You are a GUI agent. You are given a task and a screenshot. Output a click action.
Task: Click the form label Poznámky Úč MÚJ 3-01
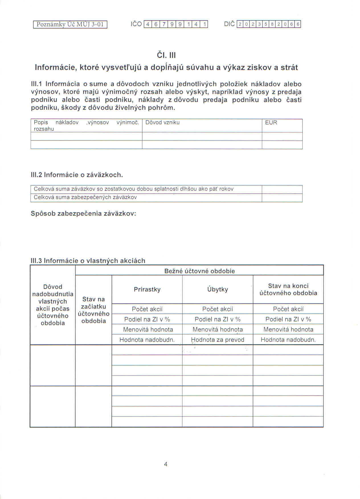click(x=70, y=24)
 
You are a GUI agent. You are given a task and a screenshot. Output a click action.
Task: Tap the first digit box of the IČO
click(x=148, y=24)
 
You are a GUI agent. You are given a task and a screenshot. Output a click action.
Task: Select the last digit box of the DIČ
click(x=298, y=24)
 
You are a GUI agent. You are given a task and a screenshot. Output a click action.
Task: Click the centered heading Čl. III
click(x=166, y=55)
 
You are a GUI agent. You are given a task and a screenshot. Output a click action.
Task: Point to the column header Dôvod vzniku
click(x=162, y=122)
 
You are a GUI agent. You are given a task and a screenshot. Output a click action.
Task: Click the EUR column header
click(x=271, y=122)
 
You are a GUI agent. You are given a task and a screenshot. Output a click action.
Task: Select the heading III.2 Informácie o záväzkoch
click(x=77, y=175)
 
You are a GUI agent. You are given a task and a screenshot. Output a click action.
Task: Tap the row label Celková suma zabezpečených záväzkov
click(x=85, y=197)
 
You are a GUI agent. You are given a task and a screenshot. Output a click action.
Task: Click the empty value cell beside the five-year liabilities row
click(x=282, y=189)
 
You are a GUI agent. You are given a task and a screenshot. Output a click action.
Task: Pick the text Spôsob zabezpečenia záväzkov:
click(x=83, y=214)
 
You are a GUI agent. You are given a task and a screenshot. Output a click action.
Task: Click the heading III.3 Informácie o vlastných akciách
click(x=88, y=261)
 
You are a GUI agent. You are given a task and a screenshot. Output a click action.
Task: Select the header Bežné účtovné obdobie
click(x=200, y=271)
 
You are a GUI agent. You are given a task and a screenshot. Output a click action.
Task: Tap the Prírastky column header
click(x=147, y=289)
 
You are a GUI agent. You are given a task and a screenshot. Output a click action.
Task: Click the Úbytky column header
click(x=218, y=289)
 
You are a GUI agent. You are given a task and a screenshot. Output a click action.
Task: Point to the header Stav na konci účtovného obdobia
click(x=288, y=289)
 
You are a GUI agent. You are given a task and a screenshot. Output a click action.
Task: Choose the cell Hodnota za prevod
click(x=218, y=340)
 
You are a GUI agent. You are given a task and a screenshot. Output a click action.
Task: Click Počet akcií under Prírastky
click(x=147, y=309)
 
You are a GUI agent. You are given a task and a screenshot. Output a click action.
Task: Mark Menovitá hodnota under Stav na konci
click(x=288, y=330)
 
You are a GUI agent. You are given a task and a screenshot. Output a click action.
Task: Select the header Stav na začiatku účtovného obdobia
click(x=93, y=310)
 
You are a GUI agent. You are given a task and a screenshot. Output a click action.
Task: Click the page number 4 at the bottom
click(x=166, y=464)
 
